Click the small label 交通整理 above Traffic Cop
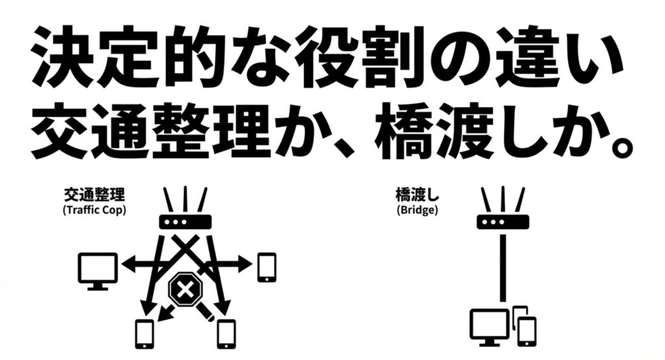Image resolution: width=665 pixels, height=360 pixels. point(94,194)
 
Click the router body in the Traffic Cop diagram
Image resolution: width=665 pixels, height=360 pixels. point(186,222)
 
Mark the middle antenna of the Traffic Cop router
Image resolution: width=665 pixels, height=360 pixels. point(186,198)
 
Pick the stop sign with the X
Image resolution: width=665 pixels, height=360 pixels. point(184,292)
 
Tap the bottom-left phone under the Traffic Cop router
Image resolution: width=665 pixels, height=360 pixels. point(144,334)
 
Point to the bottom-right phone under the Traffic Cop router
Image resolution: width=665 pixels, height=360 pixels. point(225,334)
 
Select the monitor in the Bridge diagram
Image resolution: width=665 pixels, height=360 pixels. point(490,327)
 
